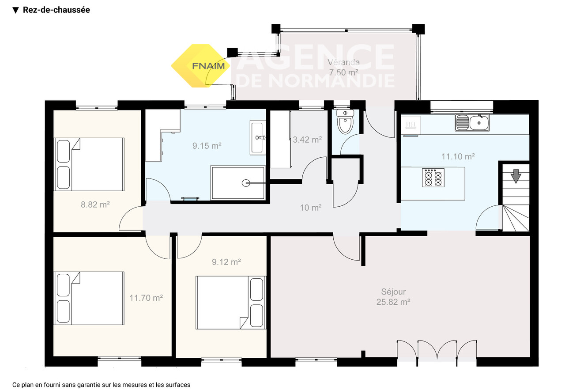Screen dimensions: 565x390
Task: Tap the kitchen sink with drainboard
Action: click(472, 122)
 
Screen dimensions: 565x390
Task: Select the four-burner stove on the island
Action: click(433, 178)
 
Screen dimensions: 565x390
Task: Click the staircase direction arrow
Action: click(516, 176)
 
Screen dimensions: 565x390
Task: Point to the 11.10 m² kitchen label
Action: click(458, 156)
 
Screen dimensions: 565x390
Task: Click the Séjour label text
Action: click(393, 292)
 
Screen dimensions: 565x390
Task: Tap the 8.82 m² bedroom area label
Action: click(95, 204)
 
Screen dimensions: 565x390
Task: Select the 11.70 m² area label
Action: click(146, 298)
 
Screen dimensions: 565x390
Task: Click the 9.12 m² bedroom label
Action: click(226, 262)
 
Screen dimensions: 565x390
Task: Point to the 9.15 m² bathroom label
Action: click(207, 146)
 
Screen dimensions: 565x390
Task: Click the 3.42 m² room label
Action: click(307, 140)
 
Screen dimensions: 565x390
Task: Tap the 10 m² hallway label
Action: click(310, 208)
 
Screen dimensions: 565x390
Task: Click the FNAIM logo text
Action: click(208, 66)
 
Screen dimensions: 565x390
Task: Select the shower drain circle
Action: click(246, 183)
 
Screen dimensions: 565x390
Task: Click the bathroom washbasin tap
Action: click(260, 137)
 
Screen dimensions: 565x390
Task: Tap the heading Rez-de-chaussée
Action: click(56, 10)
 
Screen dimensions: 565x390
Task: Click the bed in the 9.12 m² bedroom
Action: click(231, 303)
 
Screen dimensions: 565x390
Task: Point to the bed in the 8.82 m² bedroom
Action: click(89, 164)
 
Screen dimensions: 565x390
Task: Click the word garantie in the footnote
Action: click(89, 385)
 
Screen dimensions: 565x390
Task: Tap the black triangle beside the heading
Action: click(15, 10)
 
